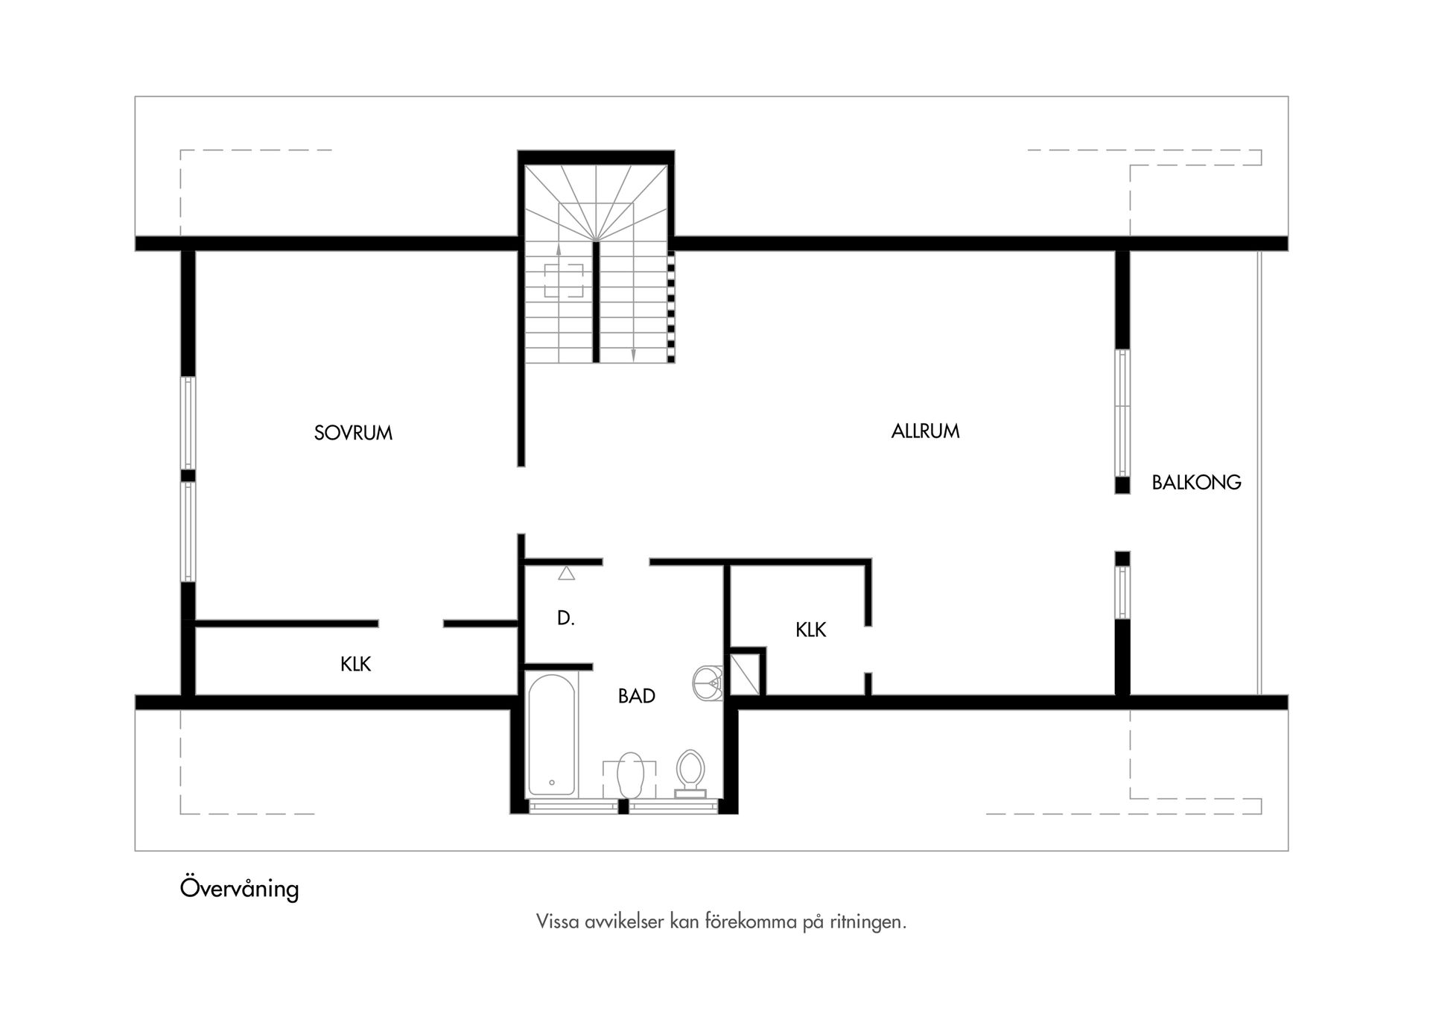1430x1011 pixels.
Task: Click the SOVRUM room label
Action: (x=353, y=433)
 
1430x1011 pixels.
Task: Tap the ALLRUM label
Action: (x=925, y=431)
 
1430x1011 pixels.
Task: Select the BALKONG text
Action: (x=1196, y=483)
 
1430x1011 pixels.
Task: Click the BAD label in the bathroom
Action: (x=637, y=696)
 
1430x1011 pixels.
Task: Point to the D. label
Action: (x=566, y=618)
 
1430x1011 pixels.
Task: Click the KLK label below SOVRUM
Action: (x=355, y=664)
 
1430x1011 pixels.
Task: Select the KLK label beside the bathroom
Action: (x=810, y=630)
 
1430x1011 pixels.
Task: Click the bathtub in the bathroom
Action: (x=551, y=734)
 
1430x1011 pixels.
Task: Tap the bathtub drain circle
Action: (x=552, y=782)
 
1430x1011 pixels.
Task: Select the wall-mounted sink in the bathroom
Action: (x=708, y=682)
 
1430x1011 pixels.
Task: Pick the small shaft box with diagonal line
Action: (x=745, y=674)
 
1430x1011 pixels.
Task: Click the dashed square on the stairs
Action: (x=564, y=280)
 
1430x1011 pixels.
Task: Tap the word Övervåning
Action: (x=239, y=889)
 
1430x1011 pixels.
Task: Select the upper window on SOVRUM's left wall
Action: (x=188, y=422)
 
